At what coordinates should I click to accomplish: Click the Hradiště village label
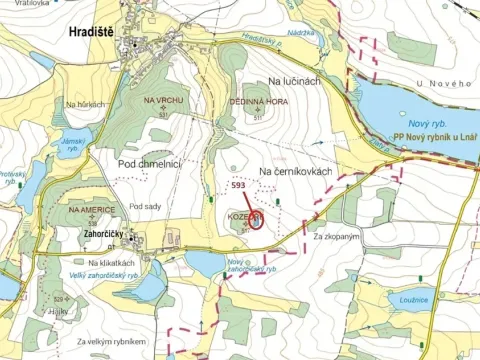coord(91,33)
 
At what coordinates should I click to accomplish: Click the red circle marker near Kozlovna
coord(256,221)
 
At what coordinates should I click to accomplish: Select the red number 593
coord(238,186)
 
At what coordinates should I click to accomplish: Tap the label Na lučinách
coord(294,79)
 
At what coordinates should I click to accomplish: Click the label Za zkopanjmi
coord(335,236)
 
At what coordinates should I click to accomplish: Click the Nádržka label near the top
coord(300,33)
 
